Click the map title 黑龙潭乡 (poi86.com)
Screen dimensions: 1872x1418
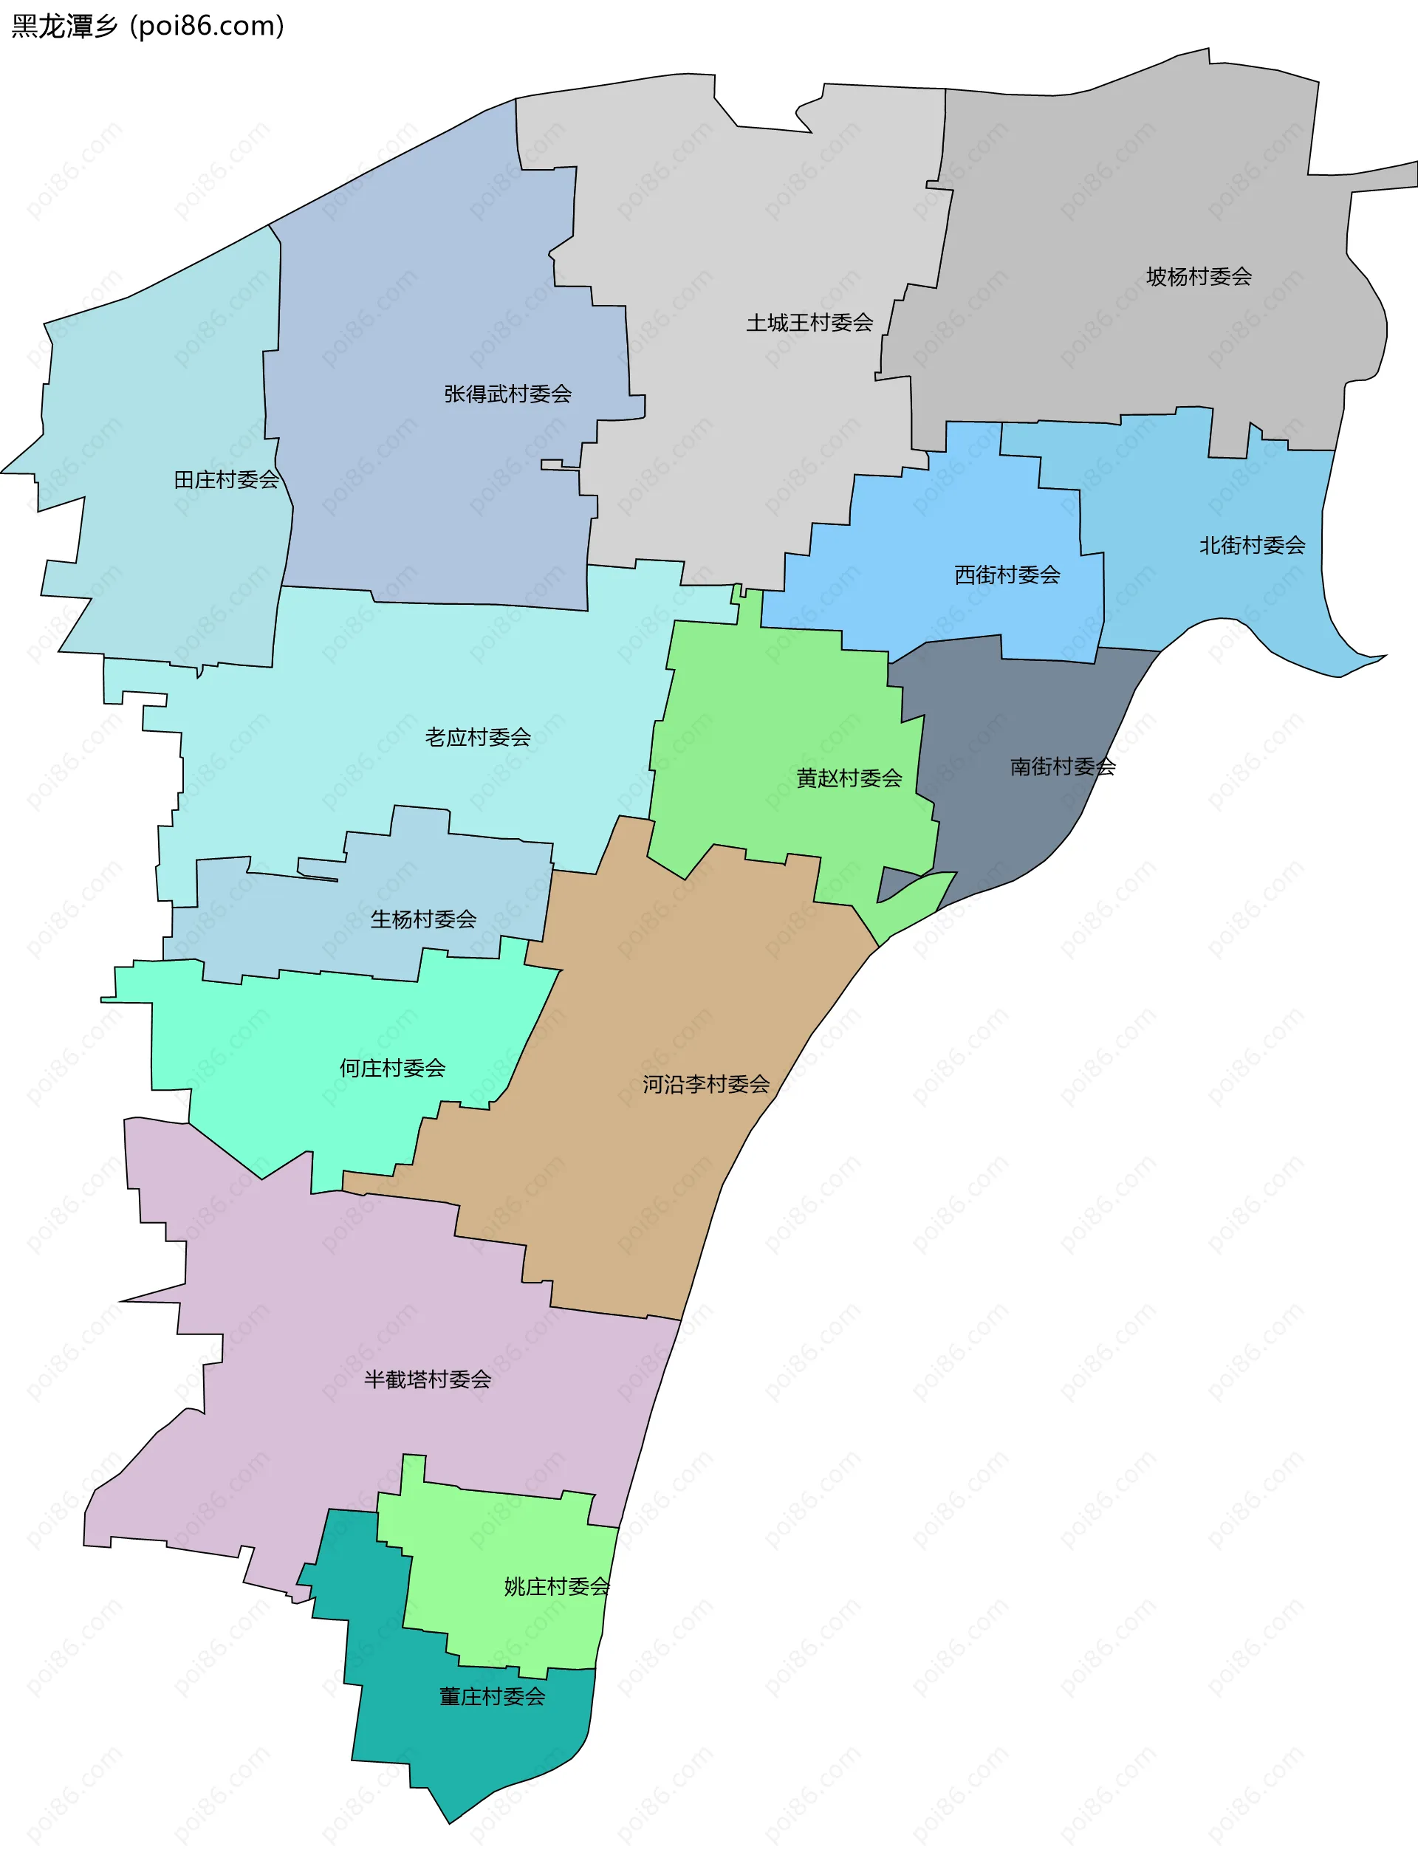148,27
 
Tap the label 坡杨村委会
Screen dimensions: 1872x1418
1198,277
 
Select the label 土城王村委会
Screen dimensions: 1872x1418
809,323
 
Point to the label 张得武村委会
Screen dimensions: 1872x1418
507,394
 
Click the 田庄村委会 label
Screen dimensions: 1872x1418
226,480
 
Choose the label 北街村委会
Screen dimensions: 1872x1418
1251,545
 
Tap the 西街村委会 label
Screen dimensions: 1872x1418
1007,575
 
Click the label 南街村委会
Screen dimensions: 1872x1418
1063,767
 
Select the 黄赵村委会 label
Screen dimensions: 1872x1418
849,778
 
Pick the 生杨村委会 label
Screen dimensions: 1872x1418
422,919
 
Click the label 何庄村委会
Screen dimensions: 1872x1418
392,1068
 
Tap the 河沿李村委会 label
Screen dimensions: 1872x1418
705,1084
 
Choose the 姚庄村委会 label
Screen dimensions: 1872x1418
556,1587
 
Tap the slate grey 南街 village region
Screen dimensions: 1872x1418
1016,829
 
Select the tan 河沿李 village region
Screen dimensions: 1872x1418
643,1184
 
